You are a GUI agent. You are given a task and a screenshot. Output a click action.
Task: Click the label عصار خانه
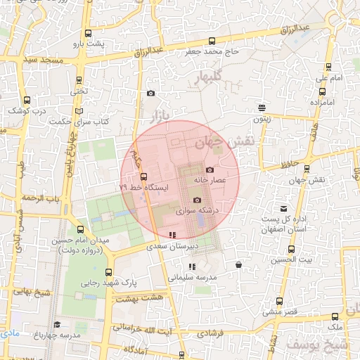pos(210,180)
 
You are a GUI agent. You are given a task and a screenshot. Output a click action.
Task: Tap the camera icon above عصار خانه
pos(210,170)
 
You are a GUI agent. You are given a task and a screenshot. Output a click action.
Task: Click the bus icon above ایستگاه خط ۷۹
pos(144,176)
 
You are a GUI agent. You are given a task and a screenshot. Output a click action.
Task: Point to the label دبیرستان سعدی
pos(172,247)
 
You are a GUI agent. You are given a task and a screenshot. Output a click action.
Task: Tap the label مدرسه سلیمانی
pos(191,277)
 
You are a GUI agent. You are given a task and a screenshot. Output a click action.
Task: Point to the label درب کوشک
pos(27,110)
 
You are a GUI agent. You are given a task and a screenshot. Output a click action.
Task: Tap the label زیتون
pos(262,118)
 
